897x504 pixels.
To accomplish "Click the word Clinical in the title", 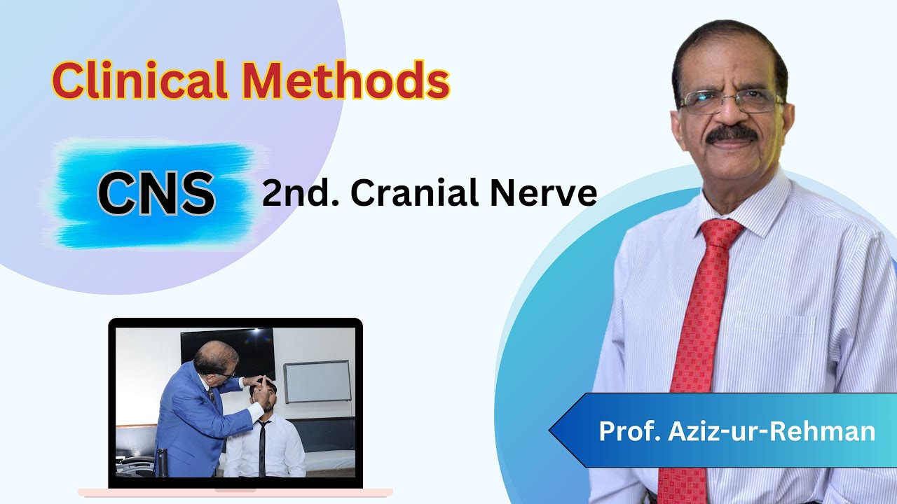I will click(139, 80).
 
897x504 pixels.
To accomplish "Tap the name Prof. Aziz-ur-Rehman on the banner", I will click(737, 431).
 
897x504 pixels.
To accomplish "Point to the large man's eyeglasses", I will click(729, 102).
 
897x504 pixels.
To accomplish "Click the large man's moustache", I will click(731, 134).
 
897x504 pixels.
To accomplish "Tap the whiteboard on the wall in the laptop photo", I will click(317, 381).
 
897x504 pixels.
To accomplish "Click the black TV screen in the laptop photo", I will click(228, 350).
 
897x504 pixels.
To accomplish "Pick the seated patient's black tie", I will click(261, 448).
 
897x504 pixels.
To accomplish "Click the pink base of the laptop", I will click(235, 493).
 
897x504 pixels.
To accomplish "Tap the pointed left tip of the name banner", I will click(552, 430).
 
